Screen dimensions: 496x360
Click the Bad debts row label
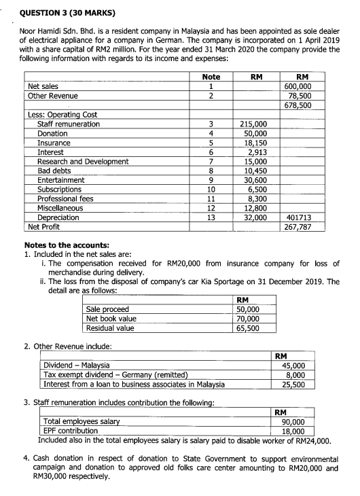tap(55, 171)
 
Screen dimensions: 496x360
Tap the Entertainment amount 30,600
tap(255, 181)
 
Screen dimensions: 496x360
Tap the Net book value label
tap(111, 319)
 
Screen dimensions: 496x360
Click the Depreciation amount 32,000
tap(255, 218)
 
